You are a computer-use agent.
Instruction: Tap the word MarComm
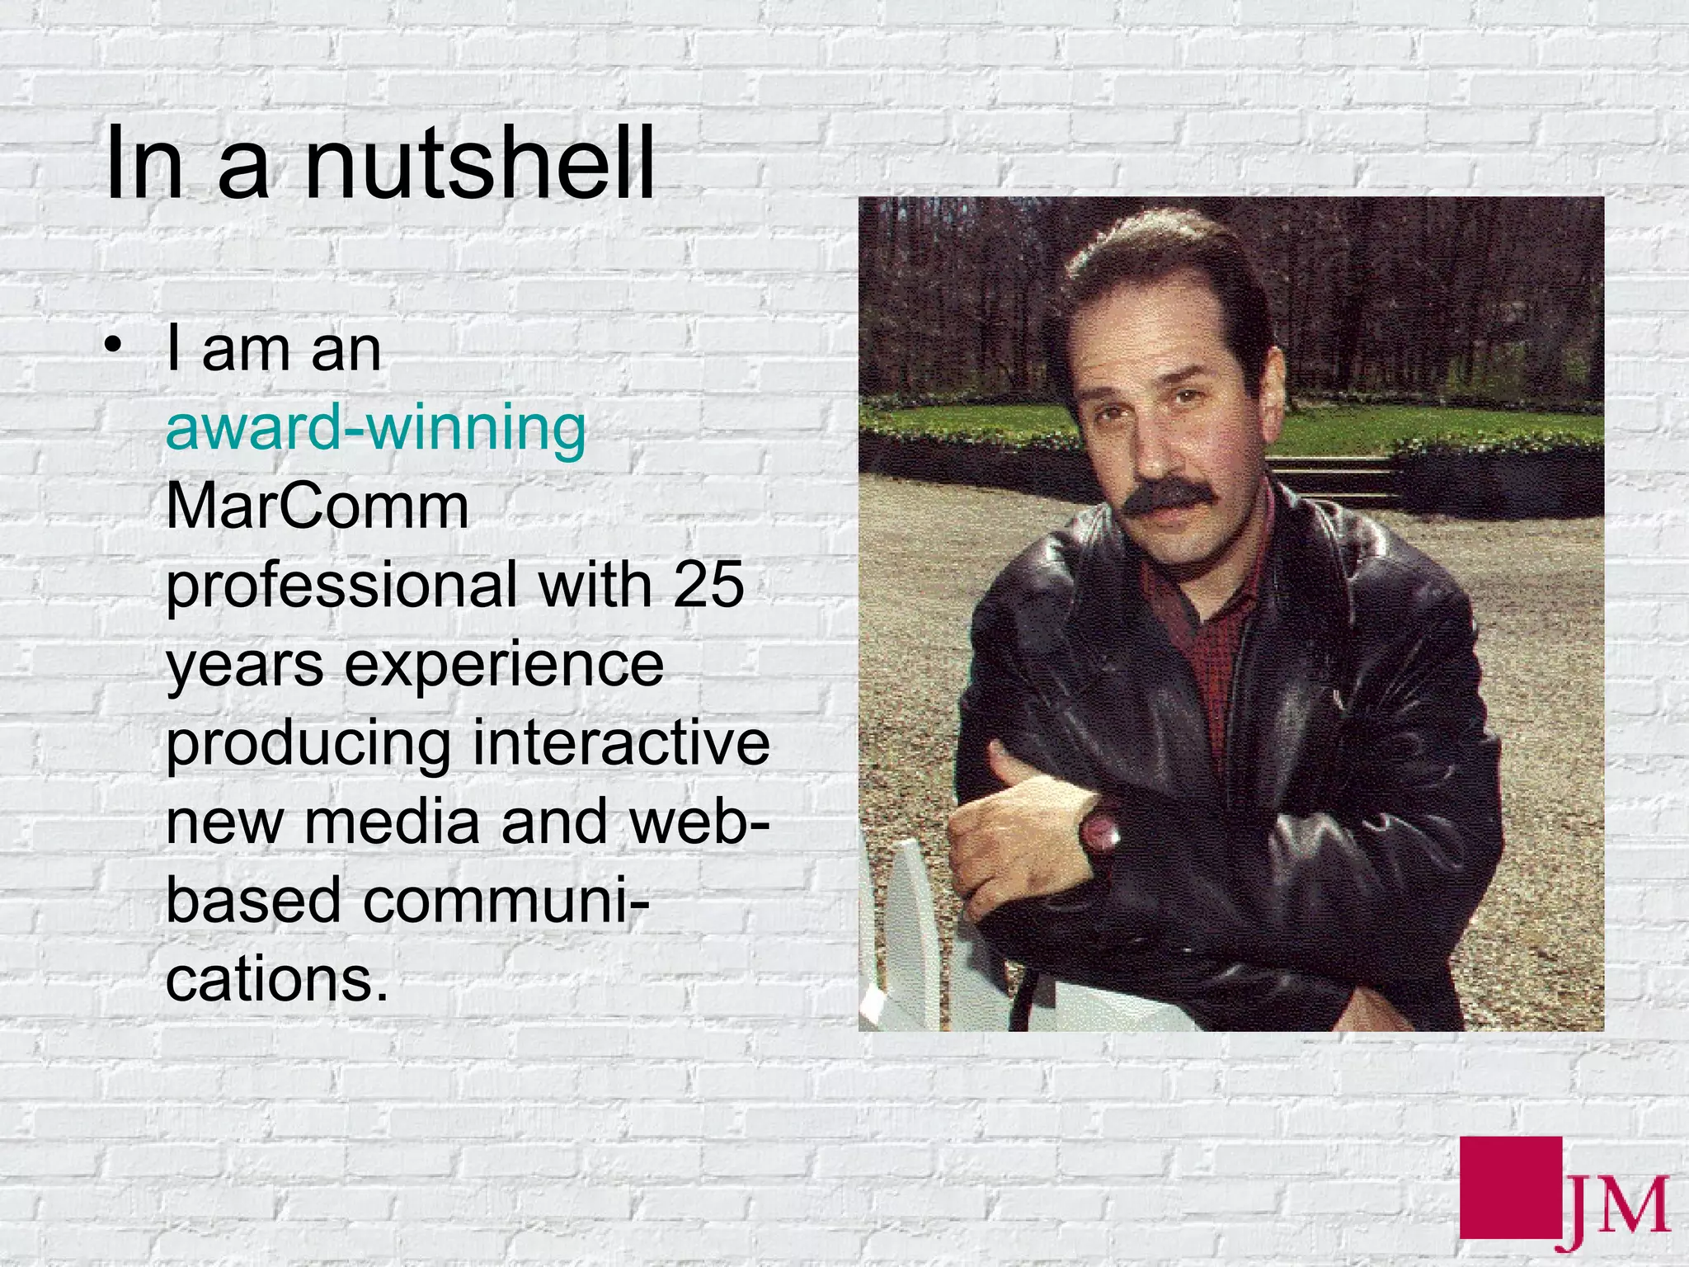(x=318, y=506)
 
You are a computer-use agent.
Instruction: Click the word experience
(x=504, y=664)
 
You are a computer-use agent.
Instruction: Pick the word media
(x=392, y=822)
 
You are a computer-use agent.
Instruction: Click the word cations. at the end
(x=276, y=980)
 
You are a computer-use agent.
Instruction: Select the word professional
(x=341, y=585)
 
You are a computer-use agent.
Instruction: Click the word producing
(x=308, y=744)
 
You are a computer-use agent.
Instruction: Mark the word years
(x=245, y=666)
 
